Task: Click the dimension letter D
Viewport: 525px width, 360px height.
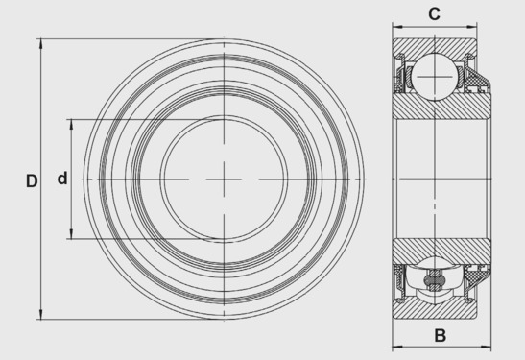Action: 32,181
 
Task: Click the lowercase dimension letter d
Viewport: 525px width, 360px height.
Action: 62,179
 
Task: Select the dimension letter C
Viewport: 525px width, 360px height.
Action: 434,14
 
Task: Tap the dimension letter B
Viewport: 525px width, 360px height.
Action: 440,335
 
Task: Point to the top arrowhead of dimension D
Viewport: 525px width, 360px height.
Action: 41,43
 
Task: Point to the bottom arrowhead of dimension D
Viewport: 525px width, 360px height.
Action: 41,315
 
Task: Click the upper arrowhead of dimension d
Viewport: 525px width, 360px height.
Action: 71,124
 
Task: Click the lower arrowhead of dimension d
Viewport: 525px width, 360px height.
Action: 71,234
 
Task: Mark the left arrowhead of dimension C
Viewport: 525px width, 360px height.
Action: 397,27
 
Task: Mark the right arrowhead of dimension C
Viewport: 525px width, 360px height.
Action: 472,27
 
